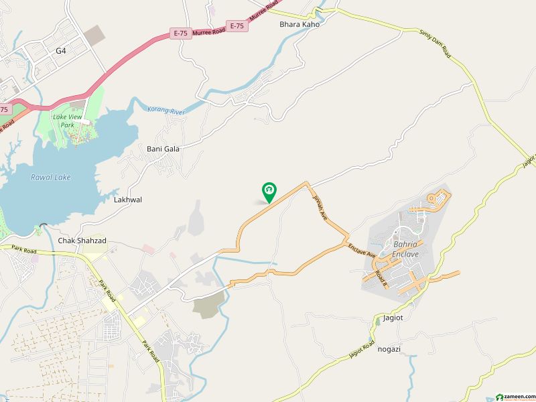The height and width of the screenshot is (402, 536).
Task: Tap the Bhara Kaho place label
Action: point(299,24)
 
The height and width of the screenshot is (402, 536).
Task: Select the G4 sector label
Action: point(61,50)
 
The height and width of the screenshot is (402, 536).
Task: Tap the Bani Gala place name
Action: point(163,149)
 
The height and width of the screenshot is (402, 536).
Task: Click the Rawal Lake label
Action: point(51,178)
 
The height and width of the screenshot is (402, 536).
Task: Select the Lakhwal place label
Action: point(128,200)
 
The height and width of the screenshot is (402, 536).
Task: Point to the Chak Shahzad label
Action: point(82,241)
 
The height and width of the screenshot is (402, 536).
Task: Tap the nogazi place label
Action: point(389,349)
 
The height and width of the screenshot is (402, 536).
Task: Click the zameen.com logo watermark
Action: point(513,395)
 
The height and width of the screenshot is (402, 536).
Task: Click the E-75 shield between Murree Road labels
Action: point(237,25)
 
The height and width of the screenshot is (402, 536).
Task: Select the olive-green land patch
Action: point(208,306)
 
